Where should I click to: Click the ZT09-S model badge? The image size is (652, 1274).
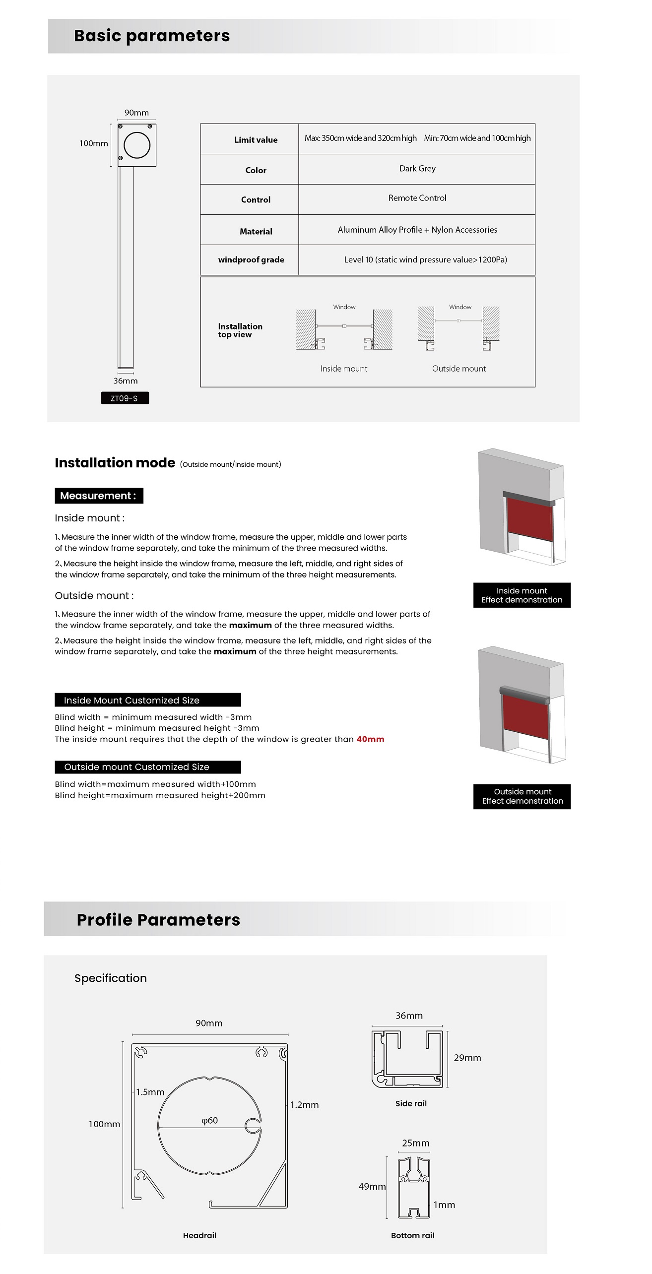[x=125, y=398]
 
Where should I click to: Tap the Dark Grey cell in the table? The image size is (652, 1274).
[x=417, y=169]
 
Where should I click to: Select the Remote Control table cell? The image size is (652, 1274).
[x=417, y=198]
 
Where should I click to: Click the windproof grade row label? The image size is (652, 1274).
[x=251, y=259]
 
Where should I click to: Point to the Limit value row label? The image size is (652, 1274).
[x=256, y=140]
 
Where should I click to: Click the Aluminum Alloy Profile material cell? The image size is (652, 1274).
[x=417, y=230]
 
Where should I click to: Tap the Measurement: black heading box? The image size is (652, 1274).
[x=99, y=496]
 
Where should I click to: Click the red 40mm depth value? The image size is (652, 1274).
[x=370, y=739]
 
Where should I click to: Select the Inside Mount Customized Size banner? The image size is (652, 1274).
[x=147, y=700]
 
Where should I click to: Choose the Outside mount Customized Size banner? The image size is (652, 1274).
[x=147, y=767]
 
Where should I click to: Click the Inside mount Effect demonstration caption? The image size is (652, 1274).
[x=522, y=595]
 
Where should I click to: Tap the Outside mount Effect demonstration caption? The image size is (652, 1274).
[x=522, y=796]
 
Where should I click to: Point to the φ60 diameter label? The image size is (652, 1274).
[x=209, y=1120]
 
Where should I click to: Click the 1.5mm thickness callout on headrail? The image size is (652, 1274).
[x=150, y=1092]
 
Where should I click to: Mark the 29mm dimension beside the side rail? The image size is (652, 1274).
[x=467, y=1058]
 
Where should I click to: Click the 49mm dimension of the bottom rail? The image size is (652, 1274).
[x=372, y=1186]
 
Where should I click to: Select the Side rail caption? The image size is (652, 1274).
[x=411, y=1103]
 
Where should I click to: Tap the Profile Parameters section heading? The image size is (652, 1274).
[x=158, y=920]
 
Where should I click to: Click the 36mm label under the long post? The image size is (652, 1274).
[x=126, y=381]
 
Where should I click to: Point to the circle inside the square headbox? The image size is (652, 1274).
[x=136, y=145]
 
